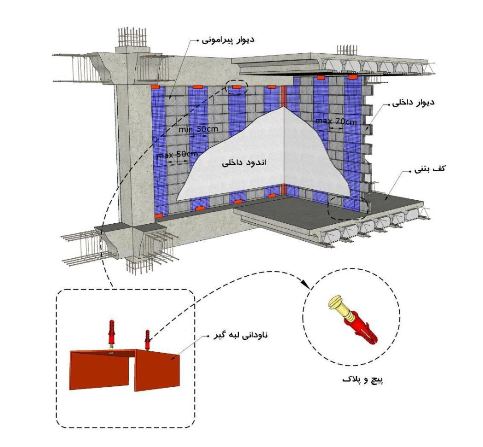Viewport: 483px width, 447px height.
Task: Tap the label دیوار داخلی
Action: pos(411,103)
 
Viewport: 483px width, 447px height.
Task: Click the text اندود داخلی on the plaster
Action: pos(245,163)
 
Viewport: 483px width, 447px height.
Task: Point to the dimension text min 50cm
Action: pos(199,130)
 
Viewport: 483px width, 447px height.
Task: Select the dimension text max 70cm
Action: pos(336,122)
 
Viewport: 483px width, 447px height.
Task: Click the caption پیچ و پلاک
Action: pos(363,380)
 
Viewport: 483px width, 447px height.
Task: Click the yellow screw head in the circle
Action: pos(335,304)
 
